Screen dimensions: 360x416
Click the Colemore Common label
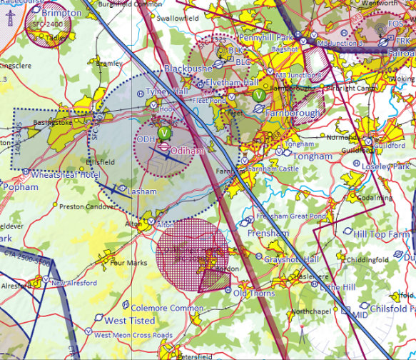click(158, 308)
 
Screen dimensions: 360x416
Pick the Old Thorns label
click(254, 294)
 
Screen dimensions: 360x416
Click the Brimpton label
click(61, 13)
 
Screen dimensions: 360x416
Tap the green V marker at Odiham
click(165, 133)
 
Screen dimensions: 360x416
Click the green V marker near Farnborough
click(259, 94)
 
